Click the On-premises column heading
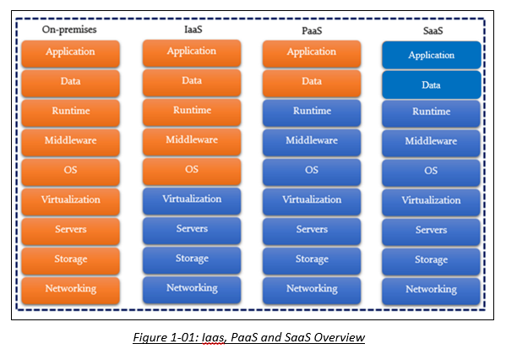click(70, 30)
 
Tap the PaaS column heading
click(311, 30)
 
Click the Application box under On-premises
click(70, 52)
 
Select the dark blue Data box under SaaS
click(431, 85)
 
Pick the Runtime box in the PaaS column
click(312, 112)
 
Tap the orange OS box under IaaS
click(192, 170)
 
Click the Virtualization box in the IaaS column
click(192, 199)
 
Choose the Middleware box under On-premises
click(70, 141)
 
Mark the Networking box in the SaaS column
click(431, 289)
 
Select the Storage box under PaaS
click(312, 259)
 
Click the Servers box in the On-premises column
click(70, 230)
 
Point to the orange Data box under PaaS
click(312, 82)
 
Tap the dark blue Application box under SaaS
click(431, 56)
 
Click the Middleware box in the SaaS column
click(431, 142)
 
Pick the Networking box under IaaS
click(192, 288)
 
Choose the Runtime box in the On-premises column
click(70, 112)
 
